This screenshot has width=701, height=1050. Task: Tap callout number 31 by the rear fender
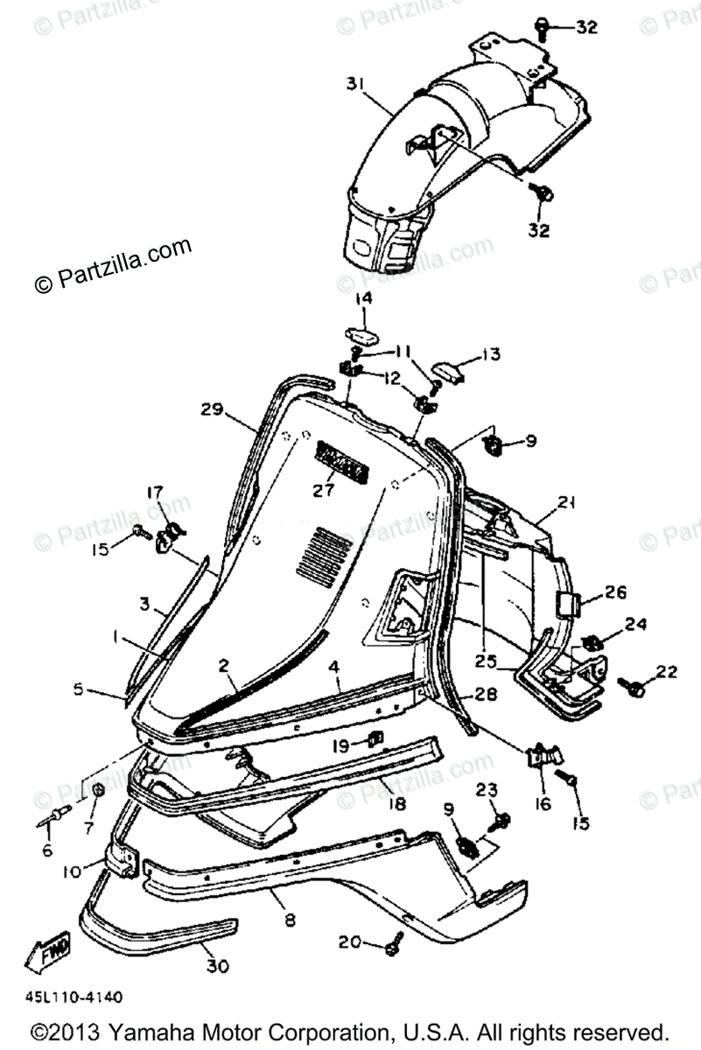(x=354, y=83)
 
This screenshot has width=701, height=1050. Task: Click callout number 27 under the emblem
(x=324, y=491)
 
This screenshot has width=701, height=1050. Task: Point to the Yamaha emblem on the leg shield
(x=339, y=462)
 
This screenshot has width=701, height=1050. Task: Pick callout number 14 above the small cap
(x=362, y=299)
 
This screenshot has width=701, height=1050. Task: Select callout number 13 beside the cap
(x=491, y=354)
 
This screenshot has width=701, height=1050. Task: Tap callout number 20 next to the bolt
(x=348, y=942)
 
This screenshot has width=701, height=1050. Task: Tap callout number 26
(x=615, y=592)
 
